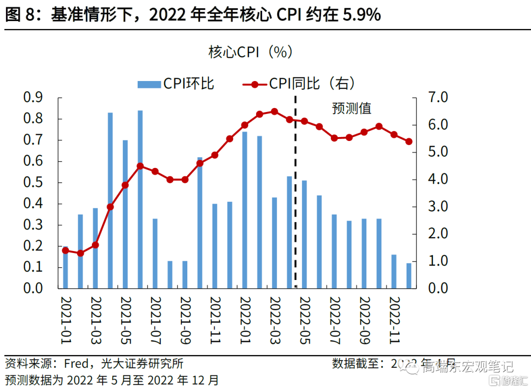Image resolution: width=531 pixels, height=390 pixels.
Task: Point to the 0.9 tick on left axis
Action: pos(33,98)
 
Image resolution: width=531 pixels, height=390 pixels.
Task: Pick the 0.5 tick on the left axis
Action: pos(33,183)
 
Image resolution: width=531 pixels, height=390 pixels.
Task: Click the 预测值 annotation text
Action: pos(352,108)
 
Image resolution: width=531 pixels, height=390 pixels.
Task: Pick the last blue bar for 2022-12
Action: pos(409,276)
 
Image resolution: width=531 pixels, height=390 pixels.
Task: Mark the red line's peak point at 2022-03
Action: pos(274,111)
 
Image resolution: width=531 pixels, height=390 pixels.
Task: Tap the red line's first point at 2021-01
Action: pos(65,251)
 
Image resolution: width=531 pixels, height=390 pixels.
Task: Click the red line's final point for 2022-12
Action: pos(409,141)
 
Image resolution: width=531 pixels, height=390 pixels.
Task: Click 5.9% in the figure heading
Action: pos(361,15)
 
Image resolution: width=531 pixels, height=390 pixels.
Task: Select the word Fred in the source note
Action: pos(76,364)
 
